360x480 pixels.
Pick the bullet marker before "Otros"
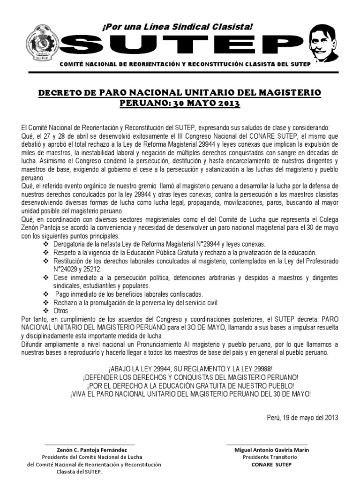click(45, 311)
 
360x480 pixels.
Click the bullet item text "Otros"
click(61, 311)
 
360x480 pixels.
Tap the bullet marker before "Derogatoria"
click(45, 244)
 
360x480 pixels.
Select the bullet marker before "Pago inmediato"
click(45, 294)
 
